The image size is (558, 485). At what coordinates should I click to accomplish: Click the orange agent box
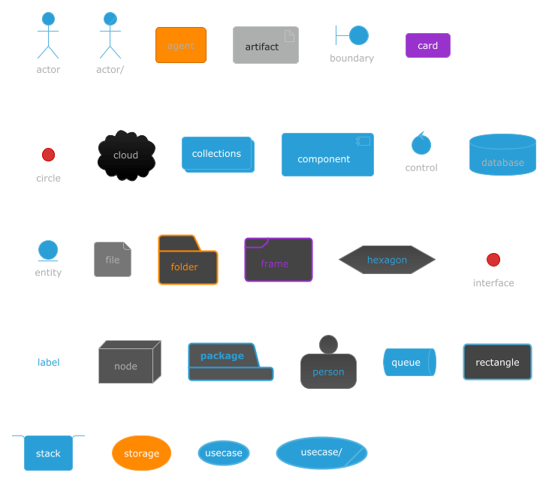click(180, 45)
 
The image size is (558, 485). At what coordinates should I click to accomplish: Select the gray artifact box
click(265, 45)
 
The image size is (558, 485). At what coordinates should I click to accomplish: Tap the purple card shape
click(427, 45)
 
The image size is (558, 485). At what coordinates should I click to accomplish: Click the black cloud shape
click(126, 155)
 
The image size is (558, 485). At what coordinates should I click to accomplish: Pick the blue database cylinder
click(502, 155)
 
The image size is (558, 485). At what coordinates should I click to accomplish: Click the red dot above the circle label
click(48, 155)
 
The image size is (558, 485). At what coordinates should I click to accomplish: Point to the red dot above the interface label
click(493, 260)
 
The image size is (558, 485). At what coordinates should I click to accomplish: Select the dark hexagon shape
click(387, 260)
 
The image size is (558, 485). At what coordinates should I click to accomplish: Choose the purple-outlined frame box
click(279, 260)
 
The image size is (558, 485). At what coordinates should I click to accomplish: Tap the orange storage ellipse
click(141, 453)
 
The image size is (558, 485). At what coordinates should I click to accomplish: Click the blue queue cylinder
click(409, 362)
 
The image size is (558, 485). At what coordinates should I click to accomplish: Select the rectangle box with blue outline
click(497, 362)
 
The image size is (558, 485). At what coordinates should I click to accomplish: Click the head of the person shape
click(328, 345)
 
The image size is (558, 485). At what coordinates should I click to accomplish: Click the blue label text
click(49, 362)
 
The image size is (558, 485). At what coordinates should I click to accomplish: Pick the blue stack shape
click(48, 453)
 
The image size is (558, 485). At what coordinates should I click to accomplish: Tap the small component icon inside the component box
click(363, 141)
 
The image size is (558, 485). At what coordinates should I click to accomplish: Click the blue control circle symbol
click(421, 143)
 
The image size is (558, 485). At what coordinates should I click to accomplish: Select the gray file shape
click(113, 260)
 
